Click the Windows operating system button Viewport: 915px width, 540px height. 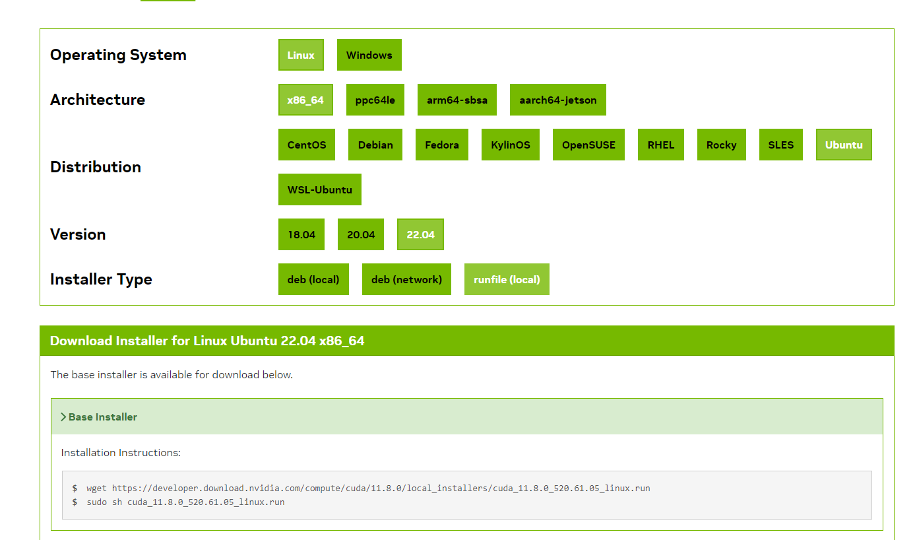click(x=369, y=55)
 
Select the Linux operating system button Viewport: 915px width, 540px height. click(x=301, y=55)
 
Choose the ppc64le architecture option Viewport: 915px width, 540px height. click(x=375, y=100)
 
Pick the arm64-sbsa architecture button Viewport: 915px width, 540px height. click(x=457, y=100)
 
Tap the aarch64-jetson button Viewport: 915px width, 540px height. click(x=557, y=100)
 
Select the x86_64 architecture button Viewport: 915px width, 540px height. click(x=305, y=100)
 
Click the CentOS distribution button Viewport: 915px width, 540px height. click(x=307, y=145)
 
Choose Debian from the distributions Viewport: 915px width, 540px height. click(x=375, y=145)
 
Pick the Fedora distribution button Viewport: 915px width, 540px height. click(x=442, y=145)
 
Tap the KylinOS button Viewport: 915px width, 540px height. click(x=511, y=145)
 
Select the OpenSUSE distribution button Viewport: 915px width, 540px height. click(x=588, y=145)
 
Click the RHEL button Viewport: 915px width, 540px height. click(x=661, y=145)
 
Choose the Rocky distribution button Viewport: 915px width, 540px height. click(x=721, y=145)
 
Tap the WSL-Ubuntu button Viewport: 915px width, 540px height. click(x=320, y=189)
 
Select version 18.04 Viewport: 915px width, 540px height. click(x=301, y=234)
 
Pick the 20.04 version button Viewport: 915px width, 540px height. click(x=361, y=234)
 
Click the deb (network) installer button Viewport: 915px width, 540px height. click(x=406, y=279)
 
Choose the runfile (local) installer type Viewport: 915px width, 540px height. click(x=507, y=279)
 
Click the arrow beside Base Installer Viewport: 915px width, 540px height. click(x=63, y=417)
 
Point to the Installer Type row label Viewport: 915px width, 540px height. click(x=101, y=279)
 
